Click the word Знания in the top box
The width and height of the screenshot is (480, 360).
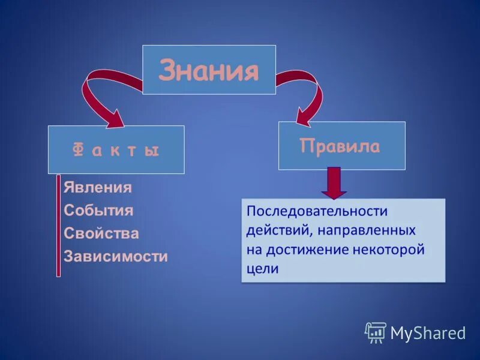209,71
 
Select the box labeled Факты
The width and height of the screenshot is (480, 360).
116,150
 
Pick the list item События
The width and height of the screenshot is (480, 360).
98,211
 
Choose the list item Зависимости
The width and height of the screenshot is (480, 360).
115,257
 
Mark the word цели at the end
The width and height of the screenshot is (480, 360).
262,269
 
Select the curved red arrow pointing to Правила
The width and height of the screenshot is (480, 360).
306,96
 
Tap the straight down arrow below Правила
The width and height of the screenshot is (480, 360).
334,183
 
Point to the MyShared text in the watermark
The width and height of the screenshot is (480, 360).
428,333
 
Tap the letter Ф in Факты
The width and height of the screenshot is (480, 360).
77,150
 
